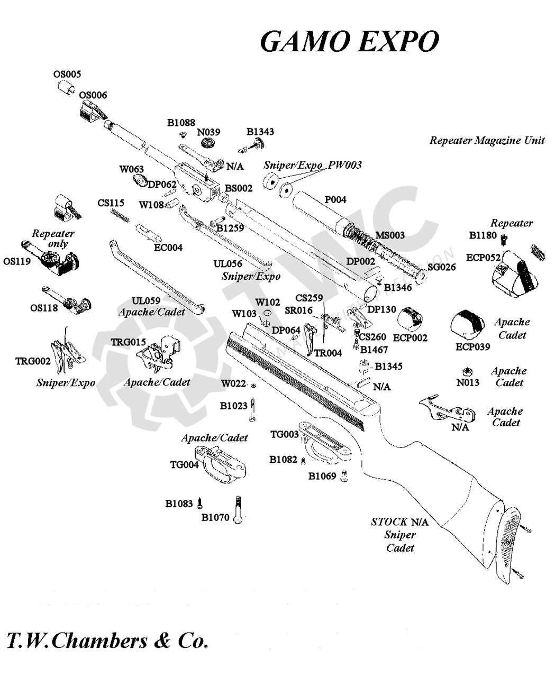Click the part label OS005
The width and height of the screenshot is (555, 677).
click(x=67, y=74)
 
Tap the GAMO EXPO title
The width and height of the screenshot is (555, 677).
click(x=349, y=41)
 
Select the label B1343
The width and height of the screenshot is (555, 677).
click(x=260, y=132)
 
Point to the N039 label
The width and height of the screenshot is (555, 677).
click(x=208, y=132)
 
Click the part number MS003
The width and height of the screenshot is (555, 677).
click(x=390, y=235)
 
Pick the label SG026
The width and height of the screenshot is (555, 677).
click(x=442, y=267)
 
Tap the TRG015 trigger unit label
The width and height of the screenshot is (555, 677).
click(x=129, y=342)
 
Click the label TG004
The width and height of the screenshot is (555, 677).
click(x=184, y=464)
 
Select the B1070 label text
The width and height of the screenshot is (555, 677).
click(x=215, y=517)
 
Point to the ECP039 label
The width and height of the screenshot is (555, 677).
click(x=473, y=346)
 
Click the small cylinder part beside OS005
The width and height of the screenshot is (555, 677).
click(x=67, y=87)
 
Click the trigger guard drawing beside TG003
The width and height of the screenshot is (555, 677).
click(x=324, y=443)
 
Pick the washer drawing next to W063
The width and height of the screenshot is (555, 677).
click(x=140, y=181)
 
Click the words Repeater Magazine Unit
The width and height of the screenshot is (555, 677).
click(x=487, y=140)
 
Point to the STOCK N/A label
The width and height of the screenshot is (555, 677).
click(x=399, y=522)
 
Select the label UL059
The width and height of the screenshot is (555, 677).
click(x=146, y=301)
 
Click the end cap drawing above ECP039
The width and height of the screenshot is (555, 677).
click(x=468, y=325)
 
